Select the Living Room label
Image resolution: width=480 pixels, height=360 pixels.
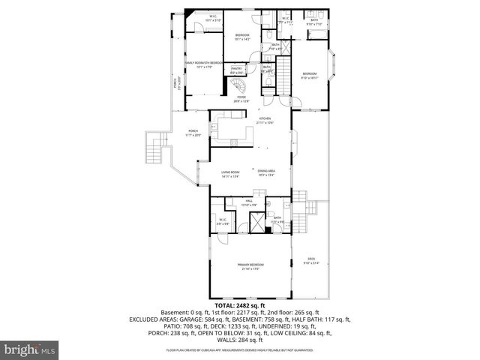coord(229,174)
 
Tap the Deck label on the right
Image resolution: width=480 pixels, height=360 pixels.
coord(310,260)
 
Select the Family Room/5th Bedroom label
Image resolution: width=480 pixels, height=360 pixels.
coord(199,64)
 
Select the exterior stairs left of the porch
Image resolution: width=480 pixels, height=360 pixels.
coord(154,149)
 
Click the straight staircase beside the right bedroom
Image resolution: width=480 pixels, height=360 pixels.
coord(285,74)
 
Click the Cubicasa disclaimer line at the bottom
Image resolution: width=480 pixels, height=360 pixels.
coord(239,350)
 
